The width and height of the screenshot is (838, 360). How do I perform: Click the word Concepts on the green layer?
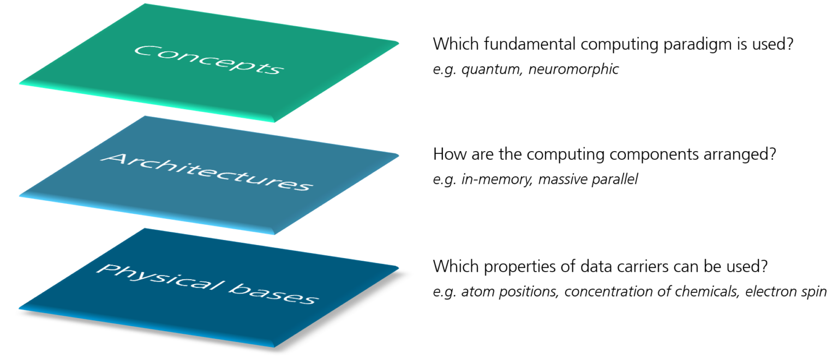pyautogui.click(x=209, y=60)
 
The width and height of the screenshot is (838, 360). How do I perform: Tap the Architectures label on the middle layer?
pyautogui.click(x=207, y=172)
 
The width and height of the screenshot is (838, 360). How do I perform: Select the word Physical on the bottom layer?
pyautogui.click(x=160, y=277)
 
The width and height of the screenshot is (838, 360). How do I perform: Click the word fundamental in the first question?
pyautogui.click(x=529, y=44)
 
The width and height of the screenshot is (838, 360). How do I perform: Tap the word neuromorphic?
pyautogui.click(x=573, y=69)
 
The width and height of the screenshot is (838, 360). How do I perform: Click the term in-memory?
pyautogui.click(x=497, y=179)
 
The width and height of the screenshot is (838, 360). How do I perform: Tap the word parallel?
pyautogui.click(x=615, y=179)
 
